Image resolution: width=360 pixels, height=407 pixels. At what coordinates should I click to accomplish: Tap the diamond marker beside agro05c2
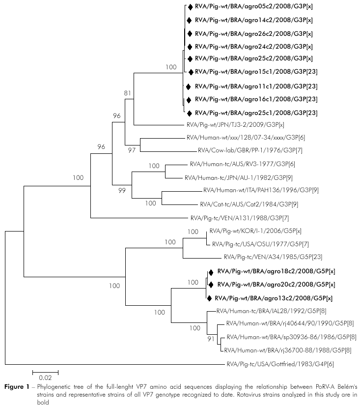(x=190, y=7)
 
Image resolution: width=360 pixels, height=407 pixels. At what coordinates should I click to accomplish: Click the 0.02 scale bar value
(x=45, y=378)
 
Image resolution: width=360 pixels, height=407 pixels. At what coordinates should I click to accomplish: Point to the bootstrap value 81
(x=128, y=92)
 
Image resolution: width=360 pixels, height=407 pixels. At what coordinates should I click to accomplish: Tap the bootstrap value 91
(x=211, y=339)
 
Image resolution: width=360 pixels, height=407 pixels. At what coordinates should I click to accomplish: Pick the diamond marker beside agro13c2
(x=209, y=298)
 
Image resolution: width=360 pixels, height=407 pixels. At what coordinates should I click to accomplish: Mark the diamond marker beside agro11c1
(x=188, y=86)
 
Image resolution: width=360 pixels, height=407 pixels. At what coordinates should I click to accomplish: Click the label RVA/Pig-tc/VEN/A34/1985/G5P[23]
(x=265, y=257)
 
